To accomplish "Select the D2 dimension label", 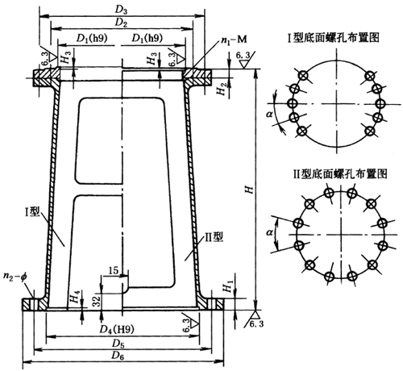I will click(x=122, y=23).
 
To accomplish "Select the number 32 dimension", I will click(x=96, y=301).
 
